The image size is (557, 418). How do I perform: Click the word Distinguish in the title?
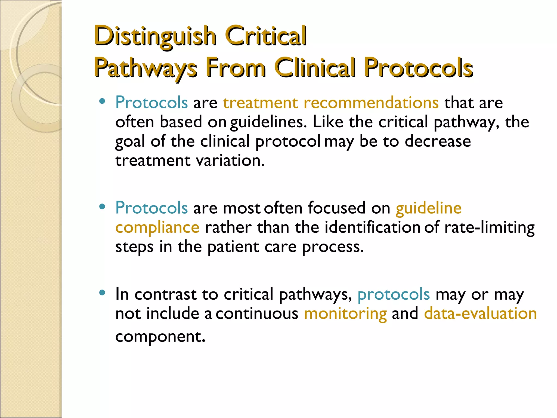[x=155, y=36]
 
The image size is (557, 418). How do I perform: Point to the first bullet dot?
[x=102, y=102]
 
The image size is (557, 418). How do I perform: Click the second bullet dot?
[x=102, y=207]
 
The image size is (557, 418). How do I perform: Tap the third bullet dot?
[x=102, y=293]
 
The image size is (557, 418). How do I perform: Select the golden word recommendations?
[x=371, y=103]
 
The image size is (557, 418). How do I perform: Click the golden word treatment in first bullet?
[x=261, y=103]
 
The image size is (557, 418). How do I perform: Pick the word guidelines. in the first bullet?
[x=268, y=122]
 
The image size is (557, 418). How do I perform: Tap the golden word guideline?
[x=429, y=208]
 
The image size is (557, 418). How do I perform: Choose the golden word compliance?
[x=157, y=228]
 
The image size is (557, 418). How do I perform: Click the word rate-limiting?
[x=489, y=228]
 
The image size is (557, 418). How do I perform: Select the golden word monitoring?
[x=345, y=314]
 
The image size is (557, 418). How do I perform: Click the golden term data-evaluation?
[x=480, y=313]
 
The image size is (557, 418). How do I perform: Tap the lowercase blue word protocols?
[x=394, y=295]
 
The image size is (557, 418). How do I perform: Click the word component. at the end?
[x=160, y=337]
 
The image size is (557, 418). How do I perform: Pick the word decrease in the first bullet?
[x=438, y=141]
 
